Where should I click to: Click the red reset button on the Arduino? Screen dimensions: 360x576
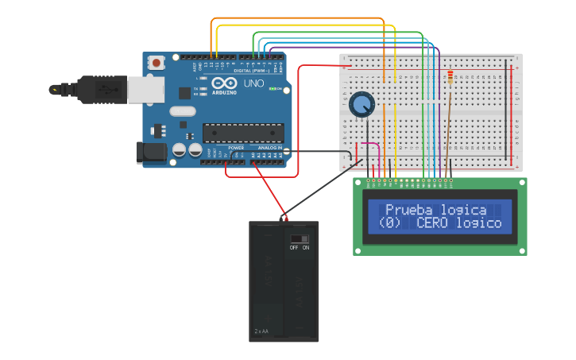[x=157, y=62]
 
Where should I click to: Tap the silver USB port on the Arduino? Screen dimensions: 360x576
[x=145, y=90]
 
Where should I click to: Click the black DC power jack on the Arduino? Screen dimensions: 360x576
[x=150, y=153]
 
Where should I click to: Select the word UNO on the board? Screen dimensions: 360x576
[x=253, y=83]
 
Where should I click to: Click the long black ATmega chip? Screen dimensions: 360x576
[x=242, y=132]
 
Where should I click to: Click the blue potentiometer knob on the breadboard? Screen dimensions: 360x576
[x=361, y=104]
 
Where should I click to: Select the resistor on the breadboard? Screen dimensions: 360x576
[x=450, y=77]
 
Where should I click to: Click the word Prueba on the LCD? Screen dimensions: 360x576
[x=408, y=210]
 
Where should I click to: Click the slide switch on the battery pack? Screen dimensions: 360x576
[x=300, y=238]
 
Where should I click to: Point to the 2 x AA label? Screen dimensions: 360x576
[x=262, y=331]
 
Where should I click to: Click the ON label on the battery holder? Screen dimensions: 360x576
[x=306, y=247]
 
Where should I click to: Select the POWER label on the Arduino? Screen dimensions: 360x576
[x=236, y=148]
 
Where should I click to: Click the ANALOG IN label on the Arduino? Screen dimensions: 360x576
[x=269, y=148]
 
